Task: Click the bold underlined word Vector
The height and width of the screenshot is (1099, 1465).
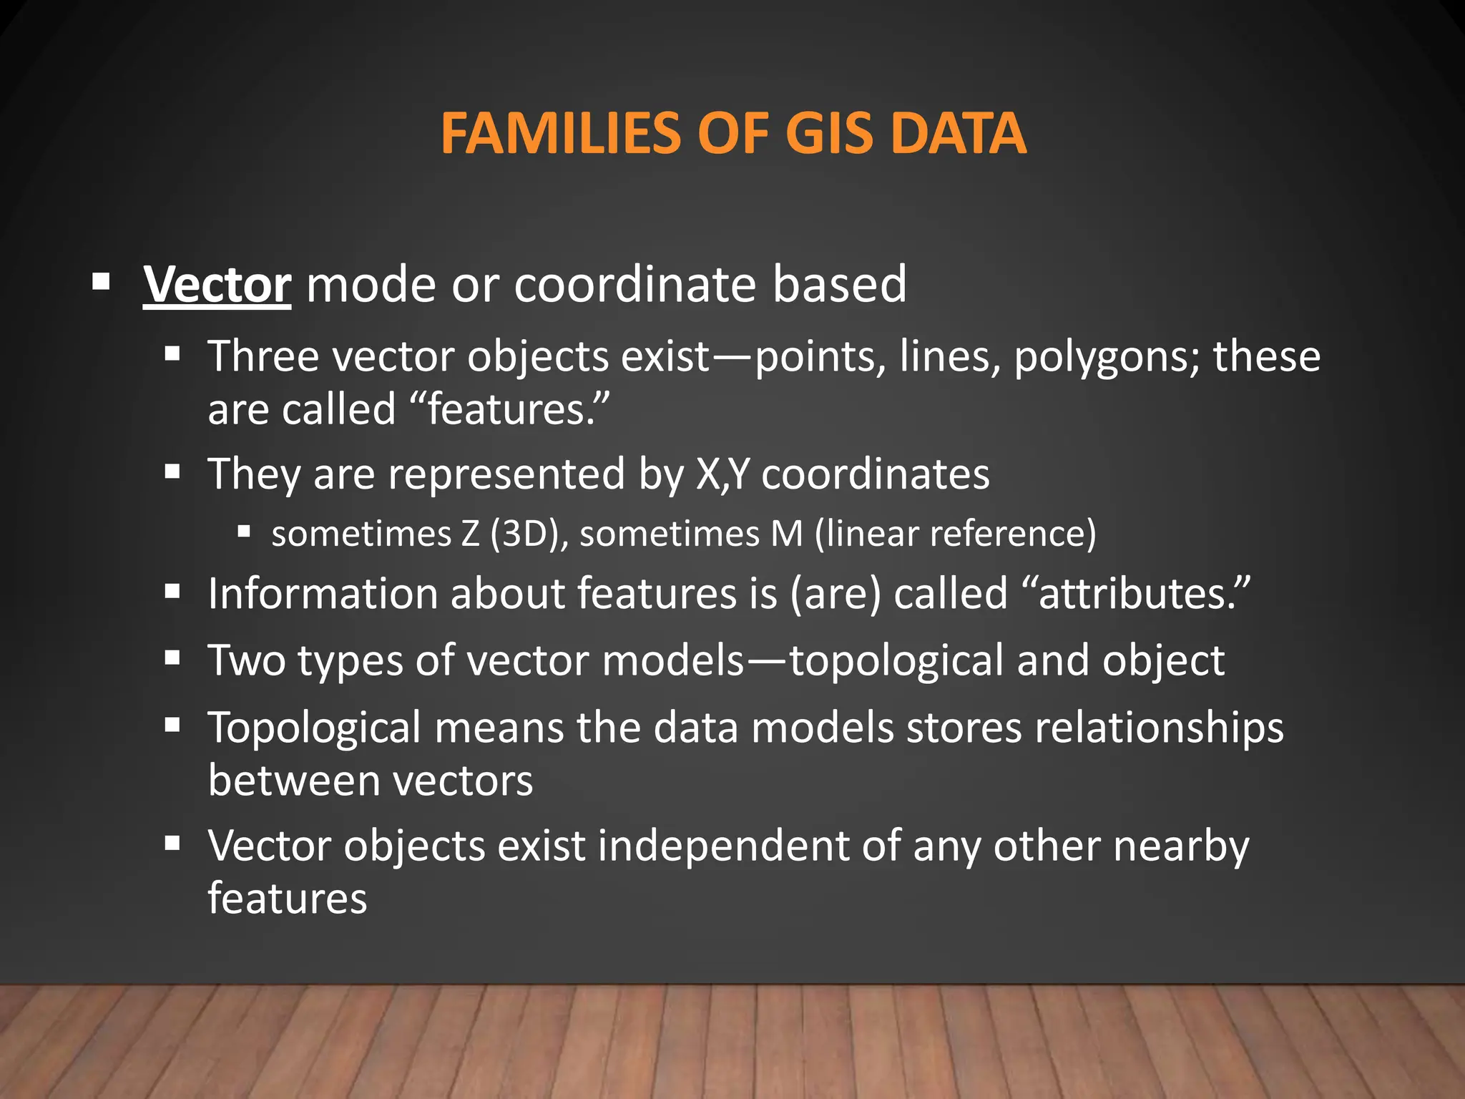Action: pyautogui.click(x=217, y=285)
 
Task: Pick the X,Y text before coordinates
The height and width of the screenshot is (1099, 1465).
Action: pyautogui.click(x=722, y=474)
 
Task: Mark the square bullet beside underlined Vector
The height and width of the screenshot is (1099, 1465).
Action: pyautogui.click(x=101, y=281)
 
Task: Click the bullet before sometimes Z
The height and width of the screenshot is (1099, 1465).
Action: pyautogui.click(x=244, y=532)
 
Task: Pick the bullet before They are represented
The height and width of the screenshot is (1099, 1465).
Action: pyautogui.click(x=172, y=472)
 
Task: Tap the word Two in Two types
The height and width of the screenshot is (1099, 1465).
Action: pyautogui.click(x=247, y=660)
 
